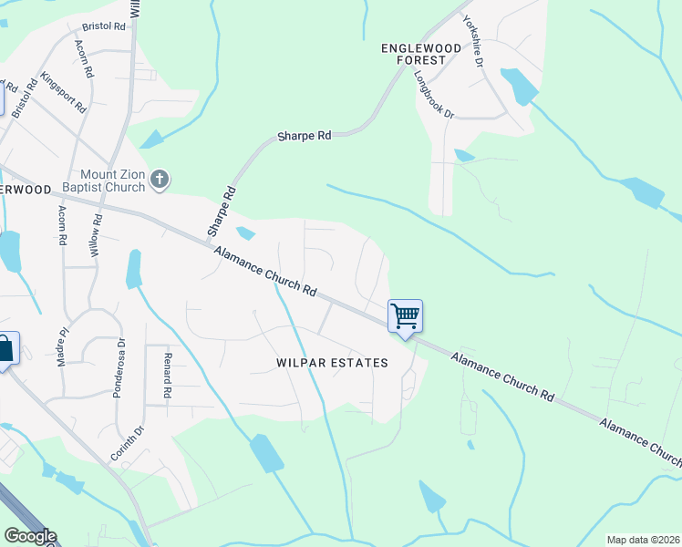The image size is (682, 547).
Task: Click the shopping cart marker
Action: point(405,317)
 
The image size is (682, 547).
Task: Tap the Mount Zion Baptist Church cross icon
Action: point(160,179)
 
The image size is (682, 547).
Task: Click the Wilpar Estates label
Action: point(332,363)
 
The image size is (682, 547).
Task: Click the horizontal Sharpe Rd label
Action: point(304,136)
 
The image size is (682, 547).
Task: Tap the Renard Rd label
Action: point(168,377)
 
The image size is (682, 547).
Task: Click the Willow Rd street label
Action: point(96,234)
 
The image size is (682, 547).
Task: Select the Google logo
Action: point(30,536)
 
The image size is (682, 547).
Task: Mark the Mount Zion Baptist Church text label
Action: point(113,181)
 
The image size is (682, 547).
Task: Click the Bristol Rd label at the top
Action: point(103,27)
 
